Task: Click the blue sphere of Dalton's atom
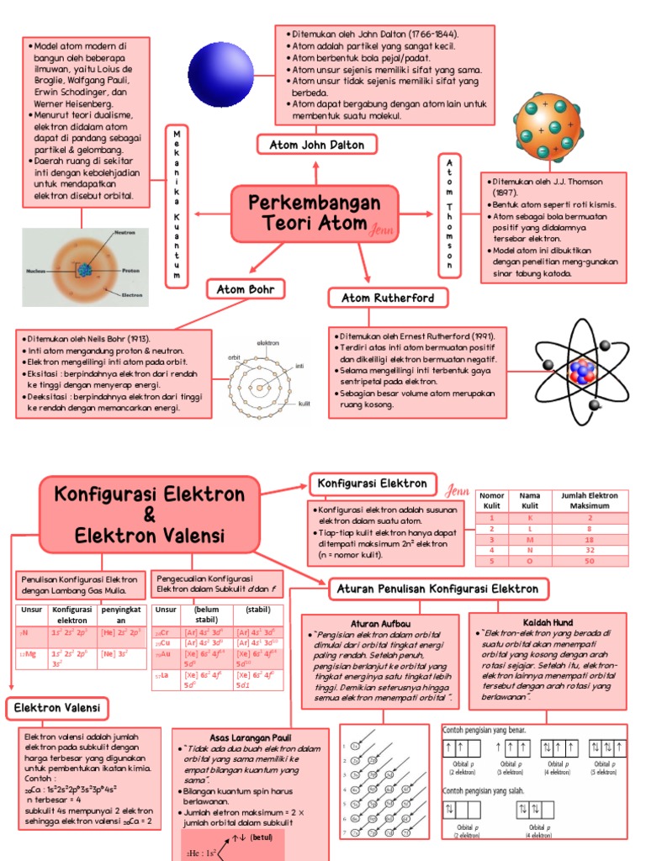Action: (220, 68)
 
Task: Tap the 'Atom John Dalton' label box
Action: (316, 145)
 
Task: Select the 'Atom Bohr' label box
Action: (246, 290)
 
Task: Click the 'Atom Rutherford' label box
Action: (388, 298)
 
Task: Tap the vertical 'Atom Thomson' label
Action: (450, 214)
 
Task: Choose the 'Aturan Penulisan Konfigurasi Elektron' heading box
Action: (438, 588)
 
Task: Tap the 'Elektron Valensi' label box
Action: (57, 708)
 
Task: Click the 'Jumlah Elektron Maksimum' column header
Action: (589, 501)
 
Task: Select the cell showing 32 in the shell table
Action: (589, 550)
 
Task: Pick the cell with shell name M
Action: (530, 540)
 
